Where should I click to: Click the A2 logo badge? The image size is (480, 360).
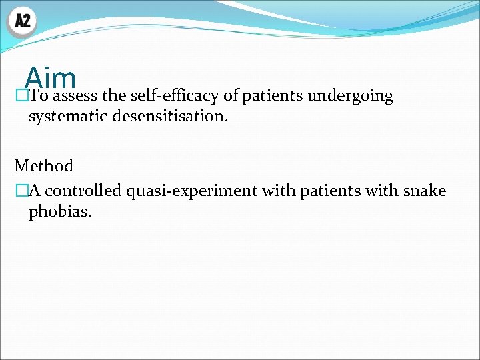click(x=22, y=21)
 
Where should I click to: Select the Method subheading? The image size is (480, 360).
click(x=44, y=166)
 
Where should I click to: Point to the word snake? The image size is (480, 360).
click(x=425, y=191)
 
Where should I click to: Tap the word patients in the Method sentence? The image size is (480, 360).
click(x=328, y=191)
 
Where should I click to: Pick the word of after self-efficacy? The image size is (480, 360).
click(x=231, y=96)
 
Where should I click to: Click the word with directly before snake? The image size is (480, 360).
click(x=383, y=191)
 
